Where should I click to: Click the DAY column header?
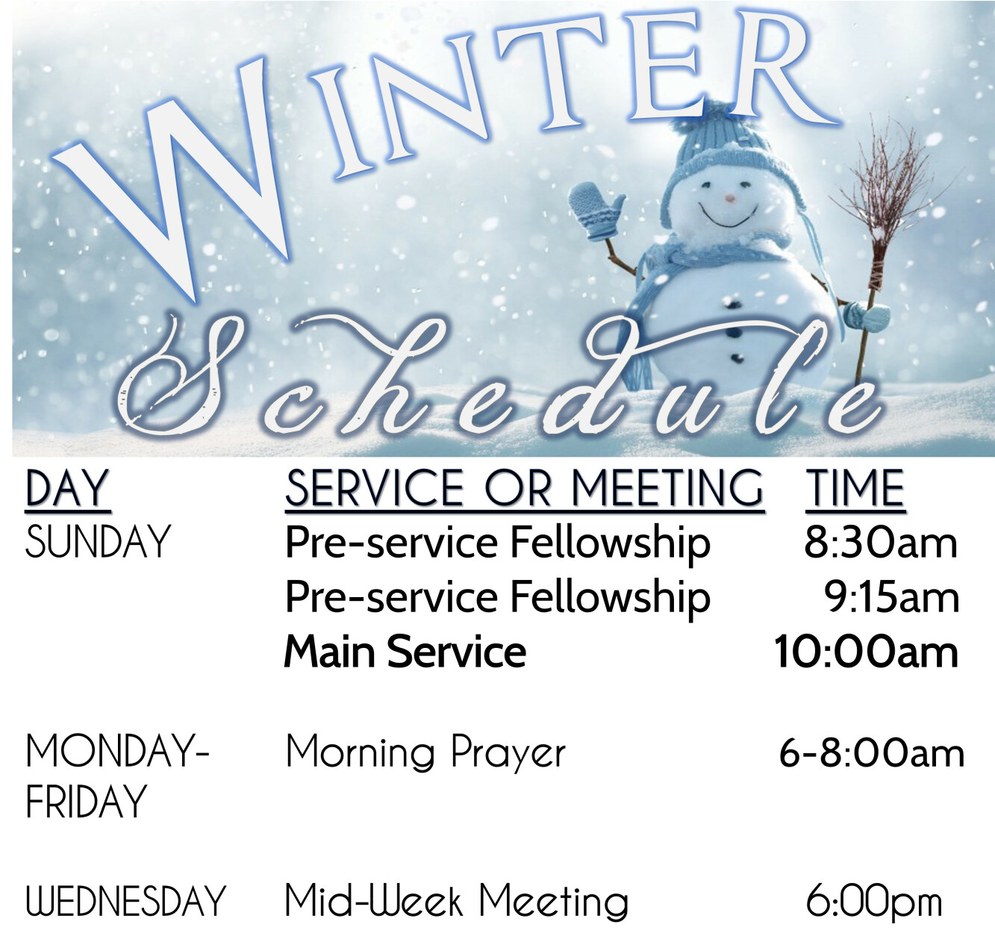[67, 487]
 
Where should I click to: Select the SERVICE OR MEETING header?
[524, 487]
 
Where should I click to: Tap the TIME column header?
[855, 487]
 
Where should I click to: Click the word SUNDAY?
[98, 542]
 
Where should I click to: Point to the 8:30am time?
[881, 543]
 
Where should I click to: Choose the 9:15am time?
[891, 598]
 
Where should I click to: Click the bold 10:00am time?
[866, 652]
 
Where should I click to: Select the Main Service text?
[405, 652]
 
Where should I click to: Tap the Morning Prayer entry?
[425, 754]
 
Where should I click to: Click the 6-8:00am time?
[872, 754]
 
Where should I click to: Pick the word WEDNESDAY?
[125, 901]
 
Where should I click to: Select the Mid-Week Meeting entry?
[457, 901]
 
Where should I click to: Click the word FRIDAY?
[86, 801]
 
